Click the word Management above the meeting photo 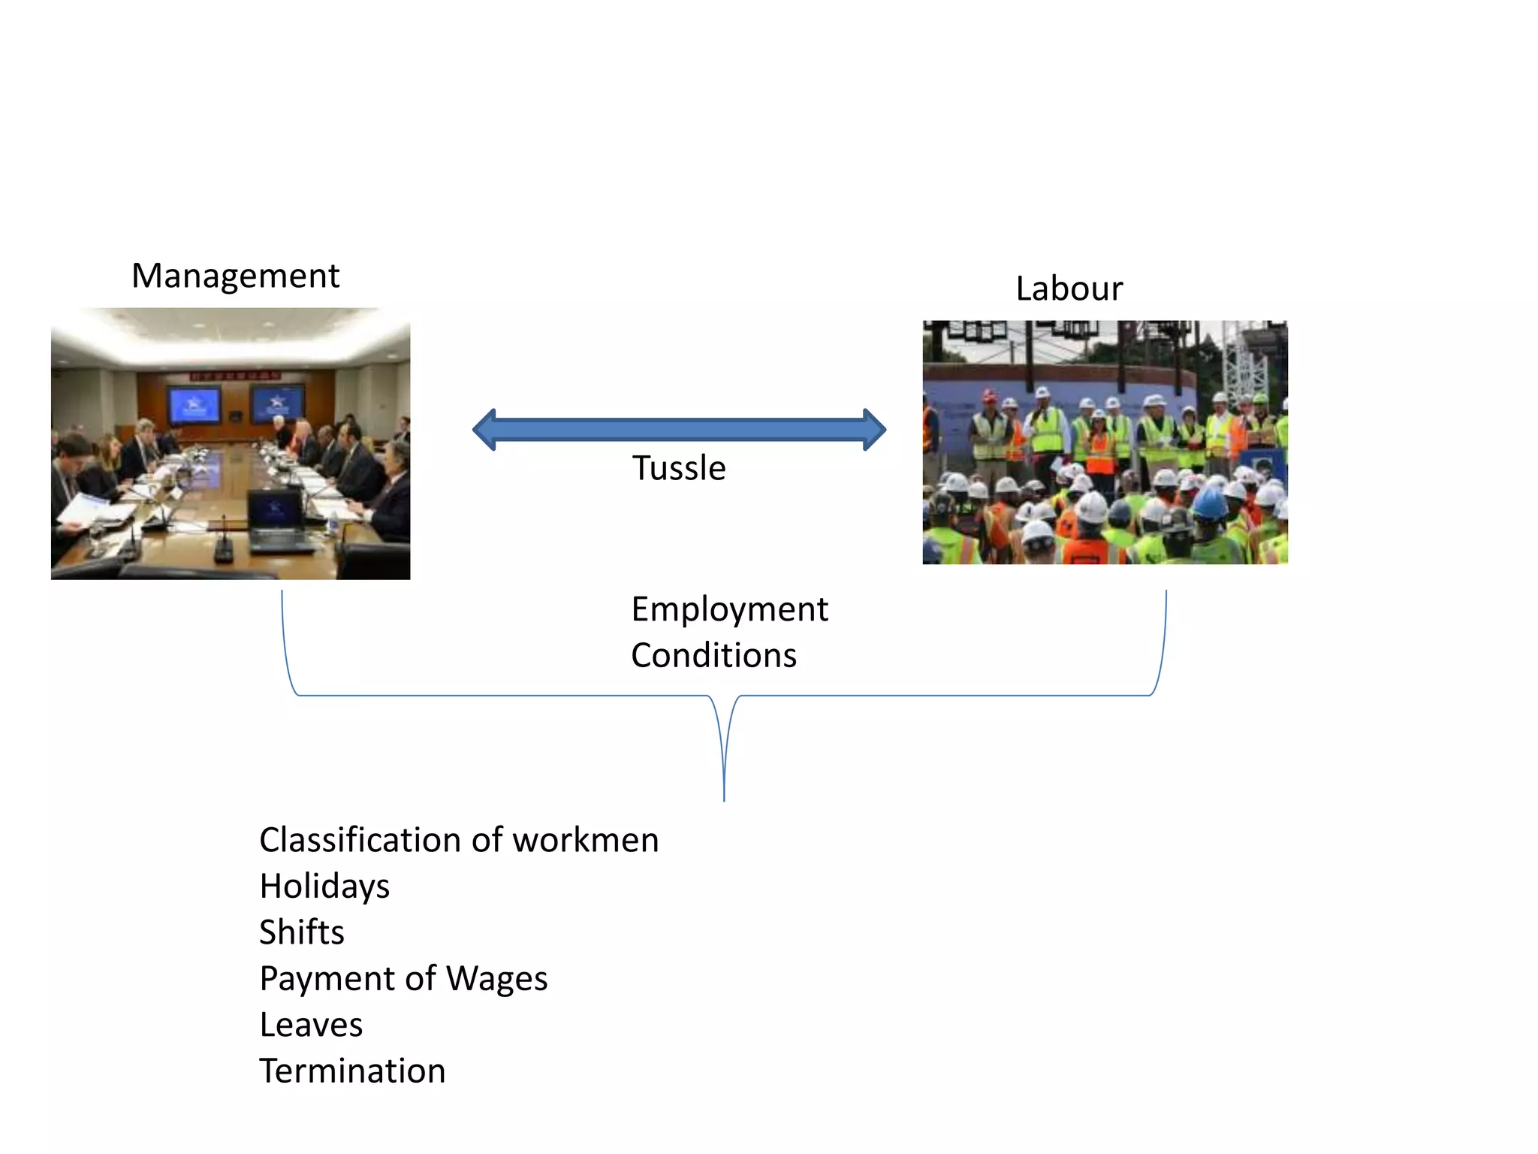[235, 276]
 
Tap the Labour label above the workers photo [1069, 289]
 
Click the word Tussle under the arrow [679, 468]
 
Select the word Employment [729, 609]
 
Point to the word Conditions [713, 655]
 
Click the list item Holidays [324, 887]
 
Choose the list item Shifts [301, 932]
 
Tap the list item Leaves [311, 1025]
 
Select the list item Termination [352, 1071]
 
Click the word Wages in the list [496, 979]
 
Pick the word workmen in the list [585, 840]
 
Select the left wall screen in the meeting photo [194, 406]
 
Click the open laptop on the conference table [276, 518]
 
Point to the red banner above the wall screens [234, 375]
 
